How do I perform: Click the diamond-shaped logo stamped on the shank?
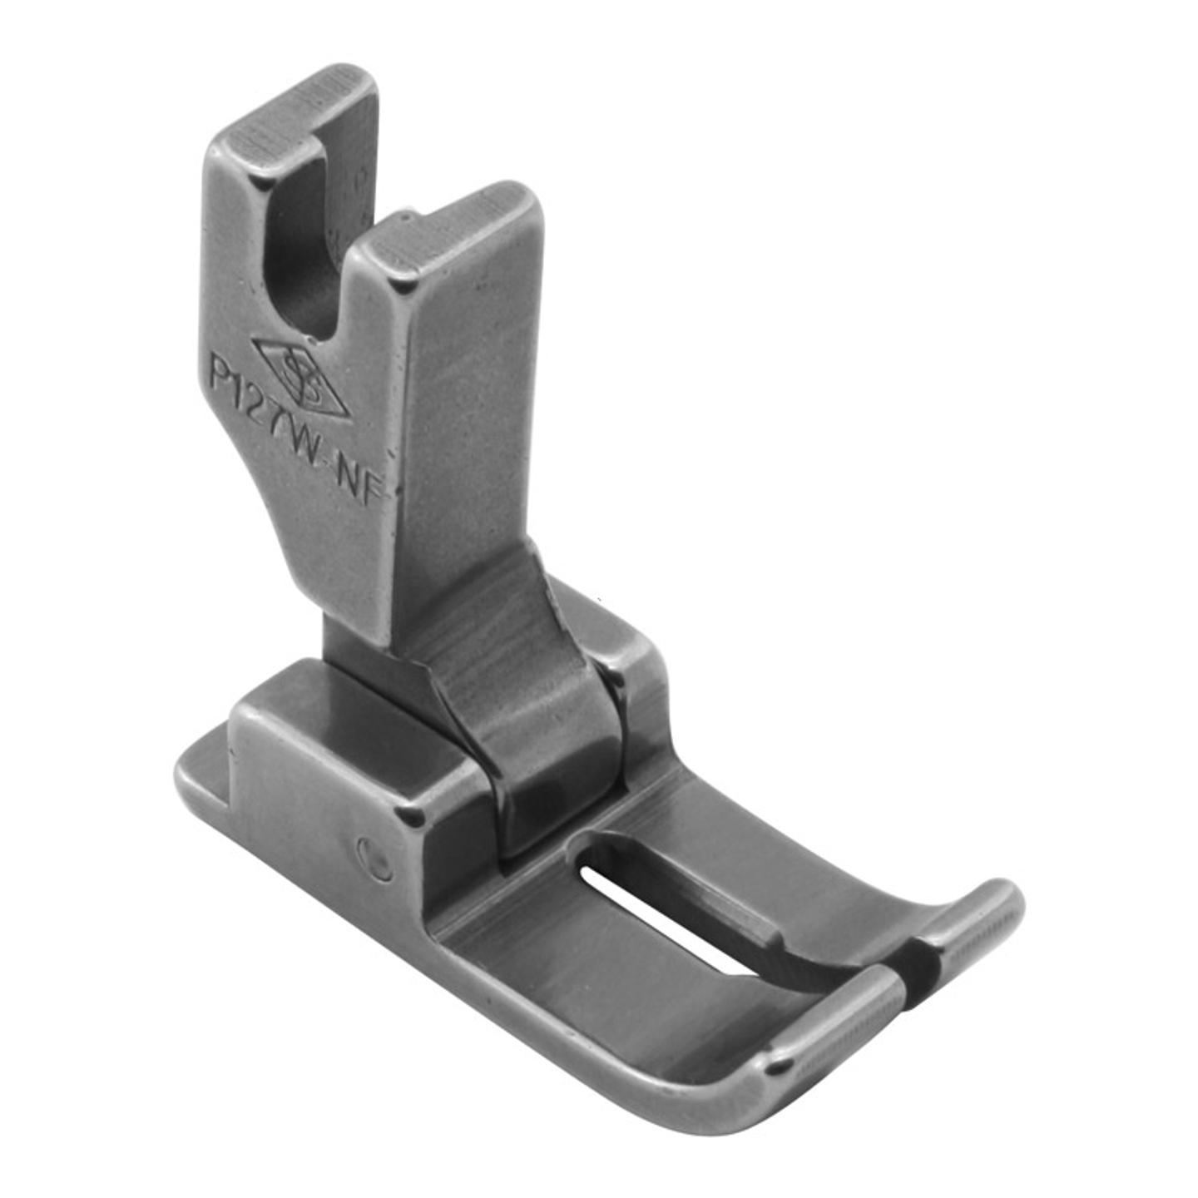tap(299, 377)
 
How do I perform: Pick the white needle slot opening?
tap(657, 923)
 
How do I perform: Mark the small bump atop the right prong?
tap(405, 218)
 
